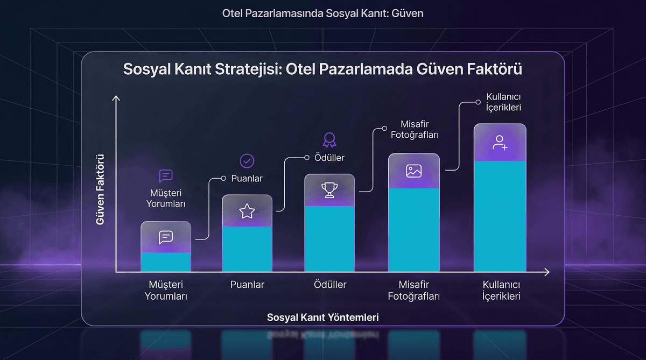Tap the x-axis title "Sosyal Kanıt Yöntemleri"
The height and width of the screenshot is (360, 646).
[323, 317]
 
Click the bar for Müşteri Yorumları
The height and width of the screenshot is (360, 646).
[166, 253]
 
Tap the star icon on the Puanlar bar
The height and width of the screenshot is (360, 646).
[247, 211]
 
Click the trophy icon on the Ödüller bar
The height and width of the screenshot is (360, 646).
[329, 190]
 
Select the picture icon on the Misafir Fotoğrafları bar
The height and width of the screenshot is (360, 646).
[413, 171]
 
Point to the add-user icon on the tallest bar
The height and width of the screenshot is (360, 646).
[500, 143]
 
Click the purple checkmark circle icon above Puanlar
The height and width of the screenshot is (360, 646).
[247, 160]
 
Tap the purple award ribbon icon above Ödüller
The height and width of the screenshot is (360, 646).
[329, 140]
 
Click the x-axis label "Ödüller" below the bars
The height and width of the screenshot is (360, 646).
[330, 285]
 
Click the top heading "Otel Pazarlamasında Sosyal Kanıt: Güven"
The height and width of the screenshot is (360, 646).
[323, 13]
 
